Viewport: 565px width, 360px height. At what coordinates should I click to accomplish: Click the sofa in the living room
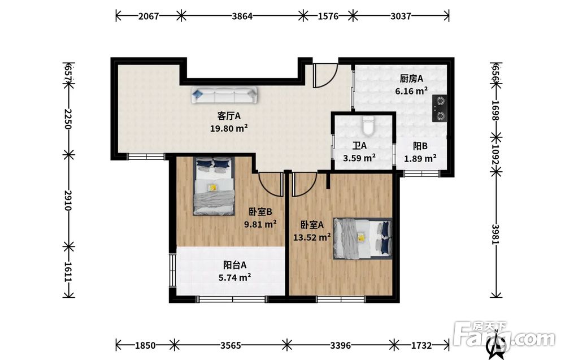[224, 96]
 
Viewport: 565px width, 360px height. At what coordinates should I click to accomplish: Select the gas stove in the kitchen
[439, 108]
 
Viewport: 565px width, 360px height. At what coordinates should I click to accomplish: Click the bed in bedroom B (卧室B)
[214, 186]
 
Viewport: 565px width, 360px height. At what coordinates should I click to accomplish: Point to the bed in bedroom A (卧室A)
[363, 238]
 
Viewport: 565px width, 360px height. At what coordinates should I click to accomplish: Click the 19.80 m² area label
[229, 128]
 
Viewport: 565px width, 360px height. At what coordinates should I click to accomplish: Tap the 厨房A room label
[411, 79]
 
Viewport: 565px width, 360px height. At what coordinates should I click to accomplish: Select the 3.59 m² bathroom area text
[359, 158]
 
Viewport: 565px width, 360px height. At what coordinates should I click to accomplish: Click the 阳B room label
[420, 146]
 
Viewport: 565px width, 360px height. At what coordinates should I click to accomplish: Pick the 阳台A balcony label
[234, 265]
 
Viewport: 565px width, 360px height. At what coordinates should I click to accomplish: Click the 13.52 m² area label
[312, 237]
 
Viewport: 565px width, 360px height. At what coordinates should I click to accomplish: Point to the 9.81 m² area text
[260, 224]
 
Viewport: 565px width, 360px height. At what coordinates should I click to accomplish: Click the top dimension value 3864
[242, 16]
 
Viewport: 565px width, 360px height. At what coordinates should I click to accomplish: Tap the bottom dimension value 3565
[231, 345]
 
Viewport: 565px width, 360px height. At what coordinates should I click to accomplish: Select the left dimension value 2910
[68, 201]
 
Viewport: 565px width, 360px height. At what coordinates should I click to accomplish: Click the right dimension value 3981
[496, 234]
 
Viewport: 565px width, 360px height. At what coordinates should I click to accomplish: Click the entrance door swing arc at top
[329, 80]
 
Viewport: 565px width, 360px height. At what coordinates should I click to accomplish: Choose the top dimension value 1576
[328, 16]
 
